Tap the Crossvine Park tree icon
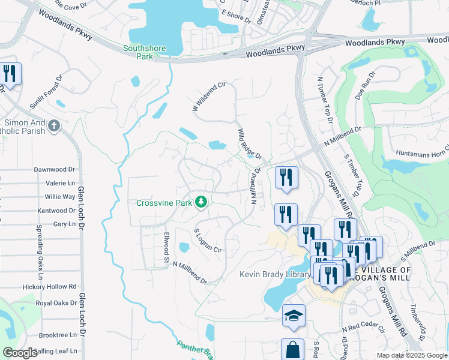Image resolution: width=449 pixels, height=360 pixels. [x=203, y=202]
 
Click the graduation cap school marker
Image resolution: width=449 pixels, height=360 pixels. [x=294, y=316]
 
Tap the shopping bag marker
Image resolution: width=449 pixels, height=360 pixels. [x=292, y=350]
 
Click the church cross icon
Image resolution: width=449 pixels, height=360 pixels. [x=54, y=126]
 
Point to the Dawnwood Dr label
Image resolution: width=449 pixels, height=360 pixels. [x=58, y=170]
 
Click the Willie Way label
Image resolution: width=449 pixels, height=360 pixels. [x=60, y=197]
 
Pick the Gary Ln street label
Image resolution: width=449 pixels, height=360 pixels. [x=63, y=224]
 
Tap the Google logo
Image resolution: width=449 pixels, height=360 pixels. [x=20, y=353]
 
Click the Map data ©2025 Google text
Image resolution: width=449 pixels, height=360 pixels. [x=411, y=355]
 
